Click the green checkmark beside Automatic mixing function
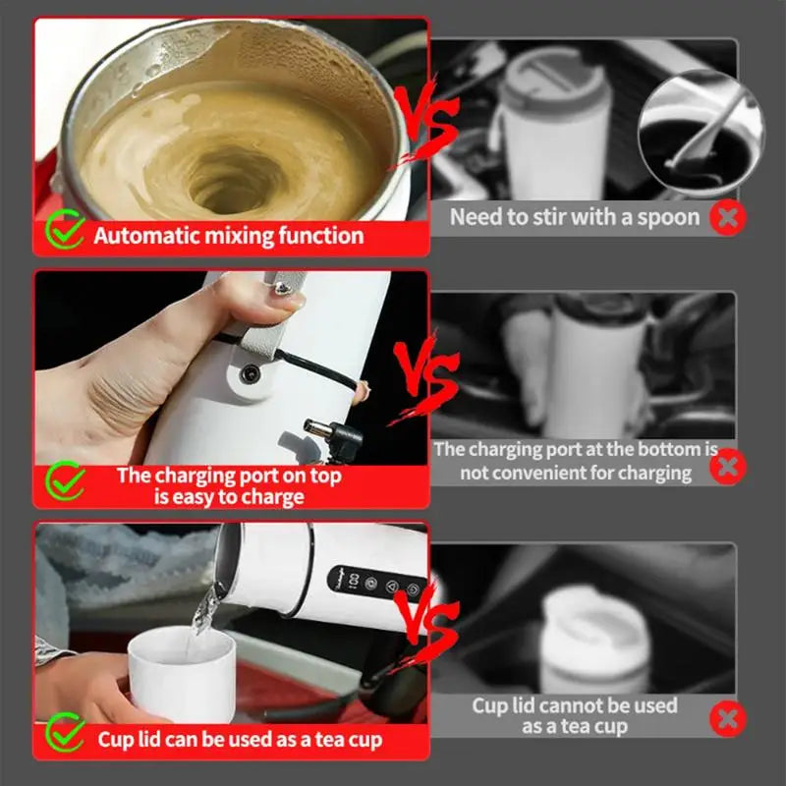click(66, 233)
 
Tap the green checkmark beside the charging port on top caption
click(66, 481)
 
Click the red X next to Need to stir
click(727, 217)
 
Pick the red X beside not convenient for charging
click(727, 465)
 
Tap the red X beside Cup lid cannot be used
click(727, 719)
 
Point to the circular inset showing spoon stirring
click(700, 131)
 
